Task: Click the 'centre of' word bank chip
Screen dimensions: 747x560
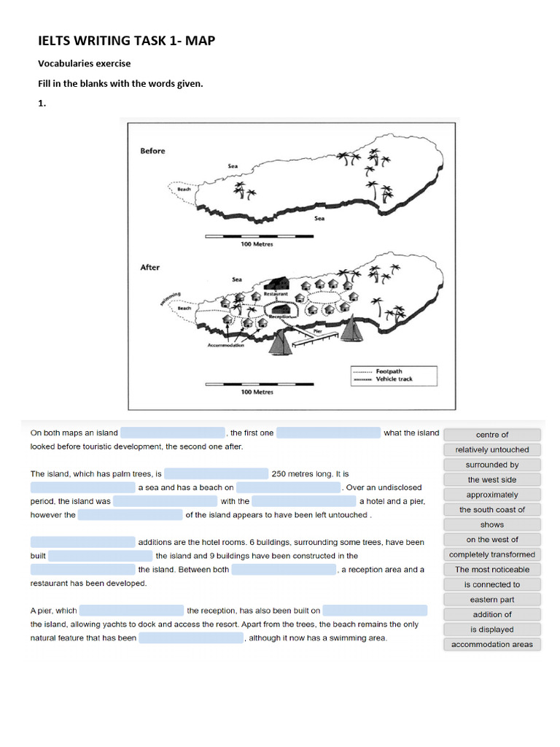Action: coord(491,435)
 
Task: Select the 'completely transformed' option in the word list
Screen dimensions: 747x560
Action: coord(491,554)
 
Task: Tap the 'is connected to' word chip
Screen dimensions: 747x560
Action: coord(491,584)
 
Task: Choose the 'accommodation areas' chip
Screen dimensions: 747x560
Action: coord(491,644)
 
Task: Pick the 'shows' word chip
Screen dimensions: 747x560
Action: coord(491,525)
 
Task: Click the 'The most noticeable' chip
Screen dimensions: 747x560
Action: coord(491,569)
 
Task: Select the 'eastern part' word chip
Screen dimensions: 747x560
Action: coord(491,600)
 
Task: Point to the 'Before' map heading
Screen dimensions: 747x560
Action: coord(152,151)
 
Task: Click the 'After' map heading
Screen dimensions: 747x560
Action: coord(149,268)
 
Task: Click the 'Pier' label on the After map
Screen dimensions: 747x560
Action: coord(317,330)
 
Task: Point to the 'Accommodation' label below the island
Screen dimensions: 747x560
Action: coord(226,345)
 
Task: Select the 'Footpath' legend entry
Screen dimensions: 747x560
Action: coord(390,371)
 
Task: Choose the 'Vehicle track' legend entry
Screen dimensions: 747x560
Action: coord(394,379)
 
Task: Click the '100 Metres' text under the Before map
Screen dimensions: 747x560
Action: coord(257,244)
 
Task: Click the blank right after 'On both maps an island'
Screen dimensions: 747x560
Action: coord(173,433)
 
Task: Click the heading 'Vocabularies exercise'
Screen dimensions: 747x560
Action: coord(84,63)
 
